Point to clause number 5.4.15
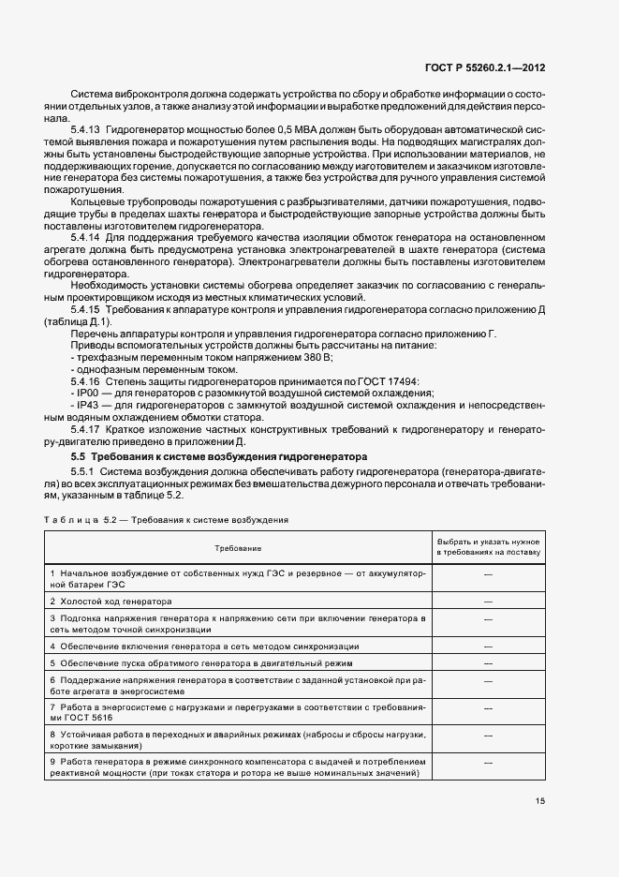(85, 308)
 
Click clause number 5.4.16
(85, 381)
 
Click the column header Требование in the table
(237, 546)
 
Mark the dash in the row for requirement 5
(488, 662)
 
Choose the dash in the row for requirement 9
(488, 767)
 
